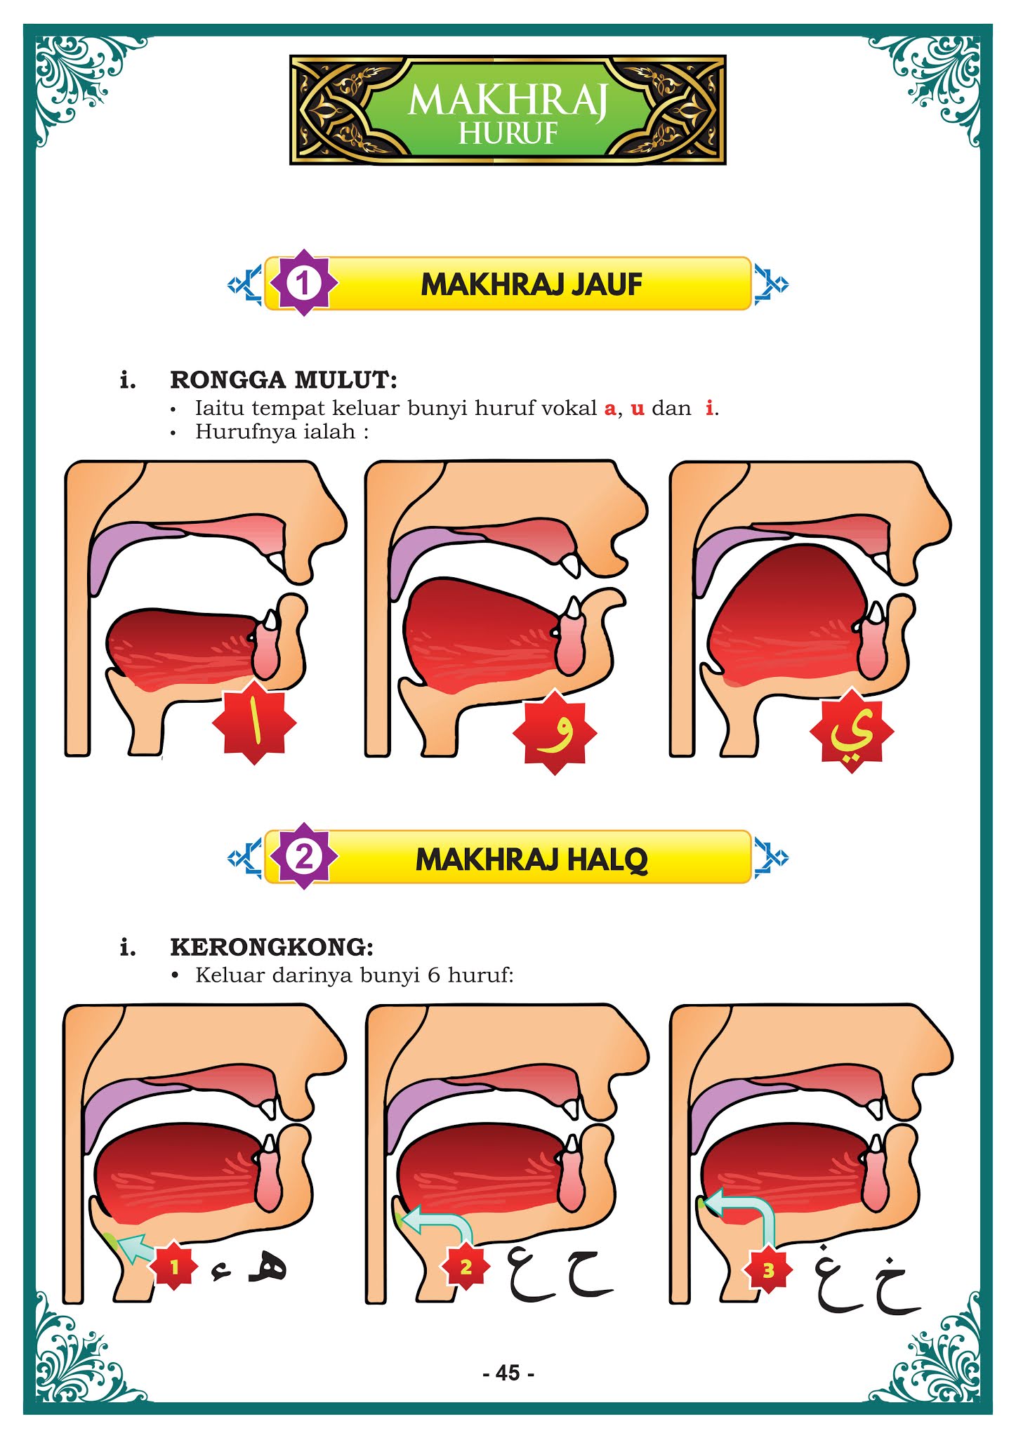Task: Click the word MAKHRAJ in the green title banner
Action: tap(507, 100)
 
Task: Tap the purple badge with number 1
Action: tap(303, 283)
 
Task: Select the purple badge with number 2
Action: tap(303, 857)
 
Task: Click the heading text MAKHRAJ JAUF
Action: tap(532, 284)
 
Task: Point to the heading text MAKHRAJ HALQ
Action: tap(532, 859)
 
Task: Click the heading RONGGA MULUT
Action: tap(283, 380)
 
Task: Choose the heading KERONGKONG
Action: tap(272, 946)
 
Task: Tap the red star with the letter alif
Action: tap(254, 723)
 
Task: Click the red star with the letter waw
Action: tap(555, 732)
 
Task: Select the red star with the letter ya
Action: tap(851, 731)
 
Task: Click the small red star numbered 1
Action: tap(174, 1267)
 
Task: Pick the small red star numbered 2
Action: tap(466, 1267)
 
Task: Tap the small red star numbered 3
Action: tap(768, 1269)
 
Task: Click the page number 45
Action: tap(508, 1372)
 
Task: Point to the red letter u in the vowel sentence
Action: tap(637, 409)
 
